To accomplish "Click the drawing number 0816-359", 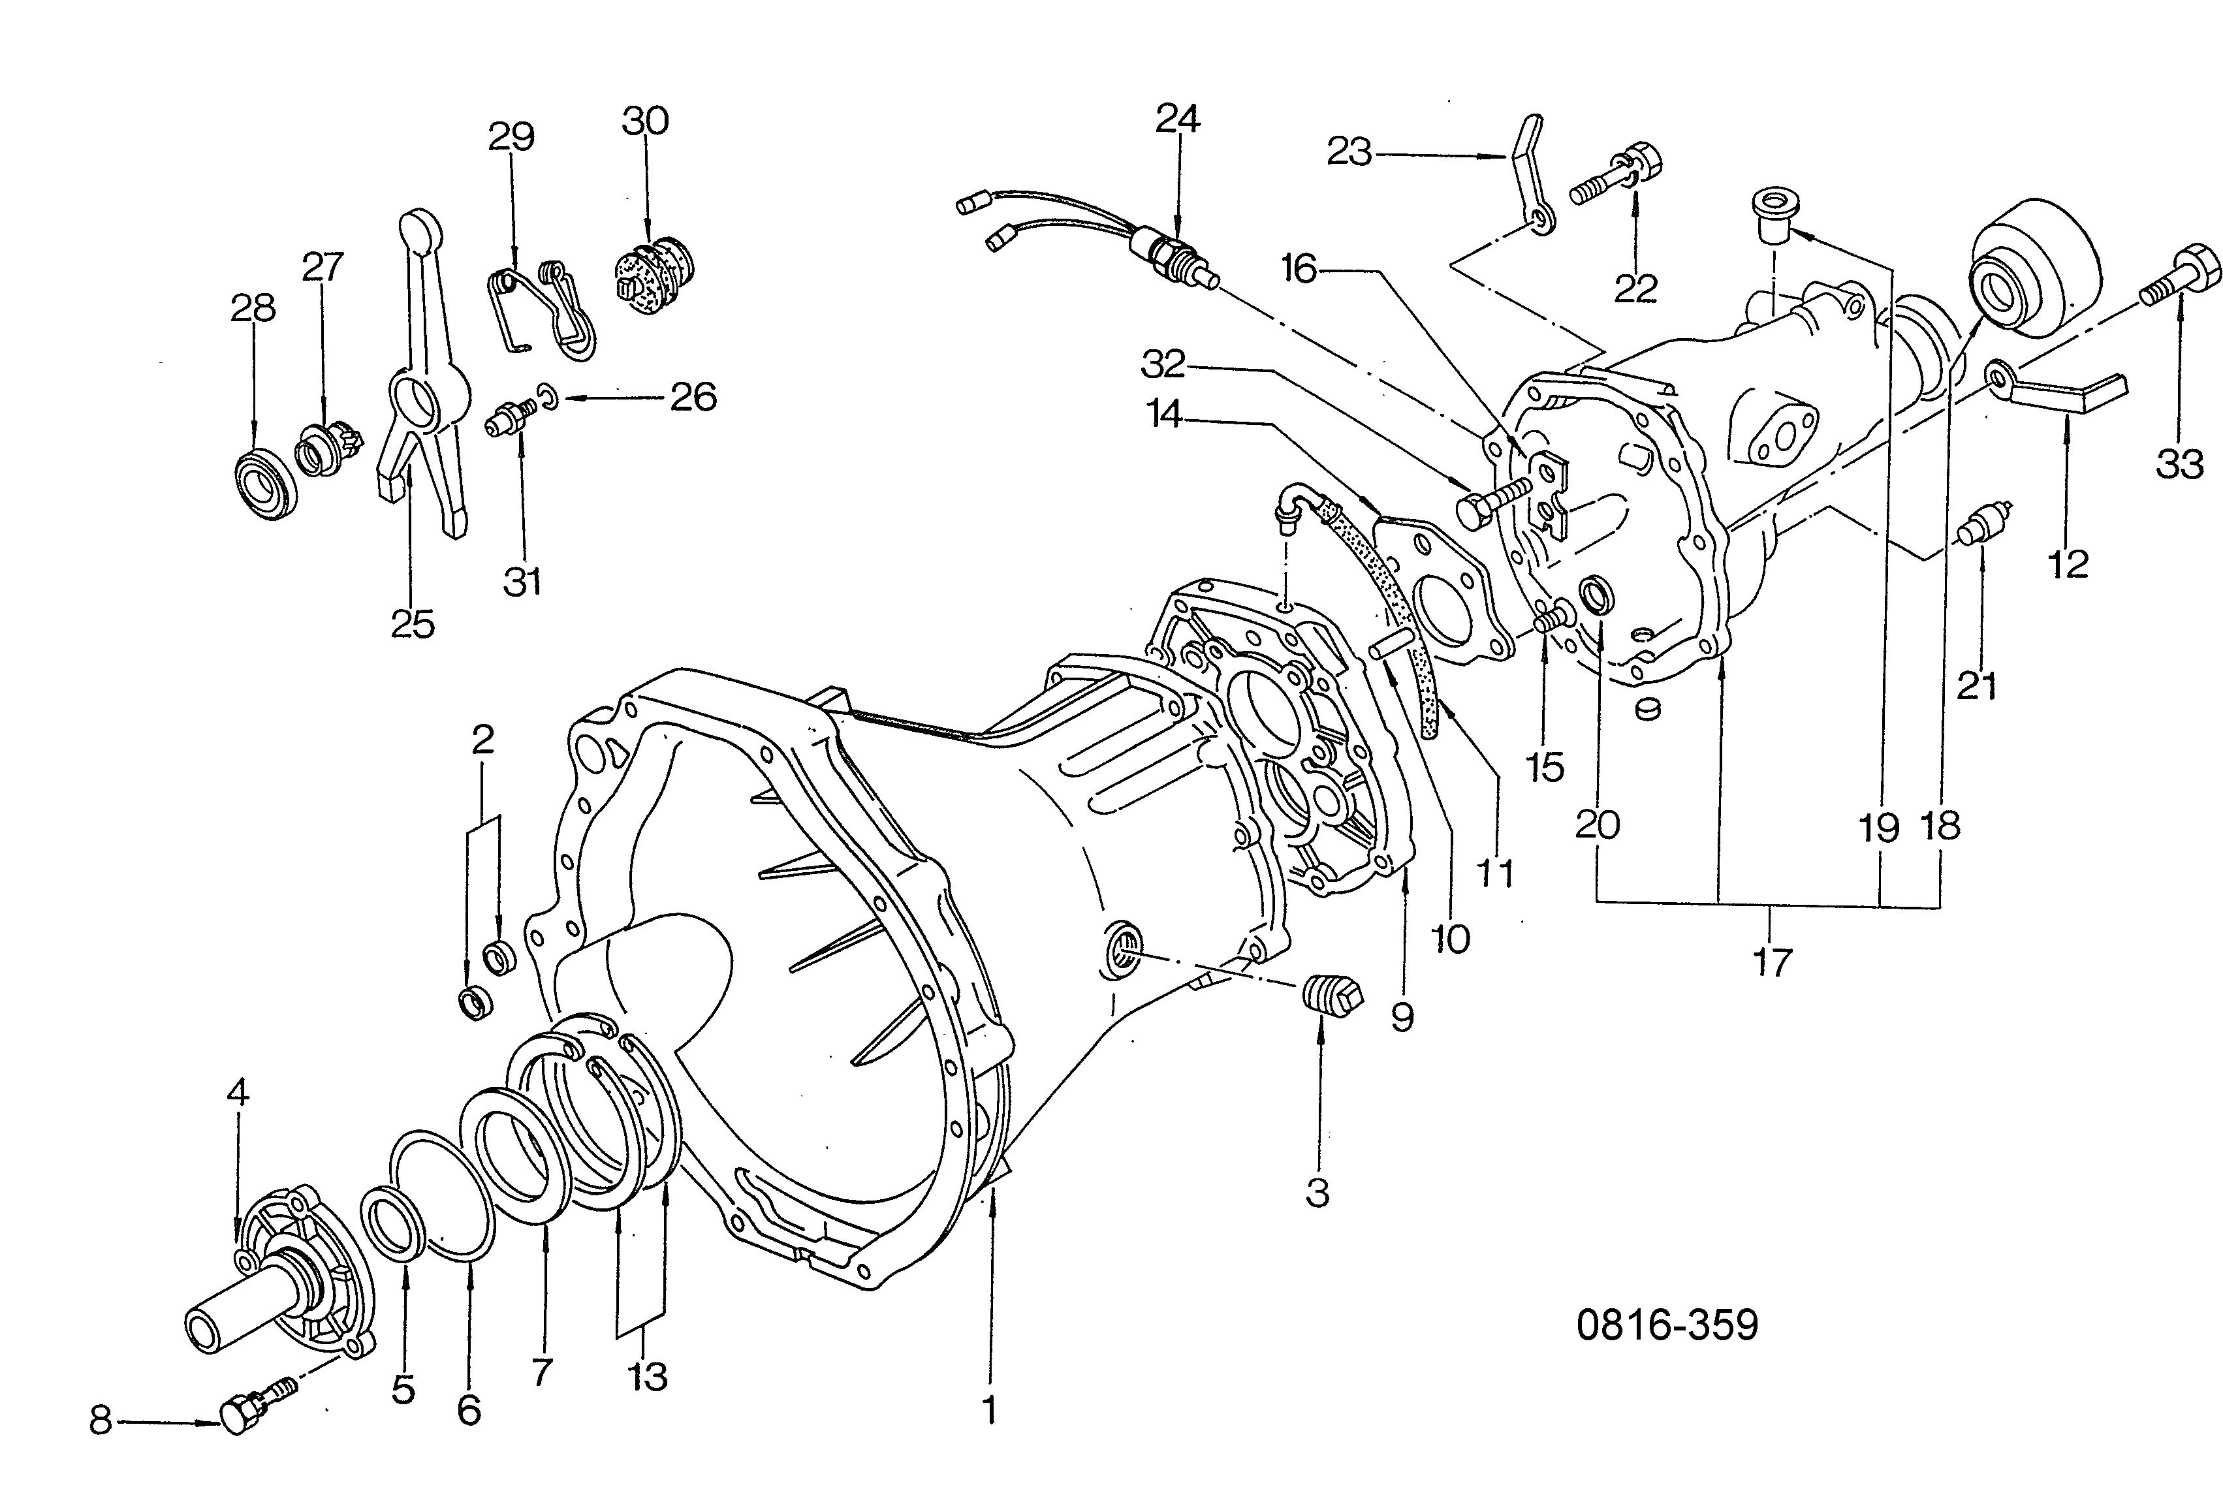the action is tap(1667, 1325).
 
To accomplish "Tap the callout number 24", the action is tap(1178, 119).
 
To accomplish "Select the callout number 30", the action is tap(645, 121).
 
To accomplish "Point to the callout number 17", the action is tap(1771, 962).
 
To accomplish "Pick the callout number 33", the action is tap(2180, 465).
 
